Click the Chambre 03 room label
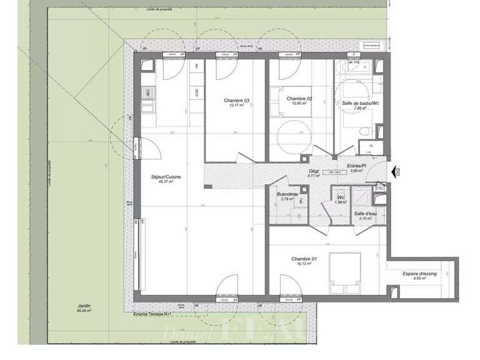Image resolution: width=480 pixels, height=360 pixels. click(x=237, y=101)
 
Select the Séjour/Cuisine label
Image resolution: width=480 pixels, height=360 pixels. click(x=166, y=177)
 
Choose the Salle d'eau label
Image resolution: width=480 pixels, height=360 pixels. click(x=364, y=214)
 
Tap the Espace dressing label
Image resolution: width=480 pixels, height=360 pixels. click(x=419, y=274)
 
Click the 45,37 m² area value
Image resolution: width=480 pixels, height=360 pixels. click(x=166, y=182)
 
